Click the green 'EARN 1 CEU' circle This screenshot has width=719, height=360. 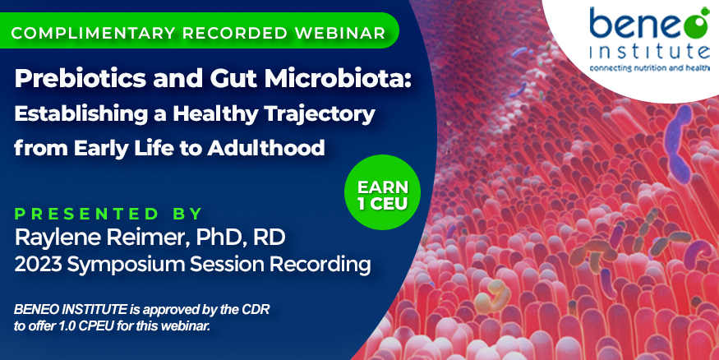coord(382,192)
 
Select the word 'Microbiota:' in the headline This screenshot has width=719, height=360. coord(338,78)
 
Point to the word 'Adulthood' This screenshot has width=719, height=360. coord(266,148)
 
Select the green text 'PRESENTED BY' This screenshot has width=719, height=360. coord(108,215)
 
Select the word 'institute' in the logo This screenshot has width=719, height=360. coord(649,52)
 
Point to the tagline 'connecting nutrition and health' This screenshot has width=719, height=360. coord(649,68)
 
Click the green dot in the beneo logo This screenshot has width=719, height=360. coord(696,25)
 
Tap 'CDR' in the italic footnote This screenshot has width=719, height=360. coord(256,310)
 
